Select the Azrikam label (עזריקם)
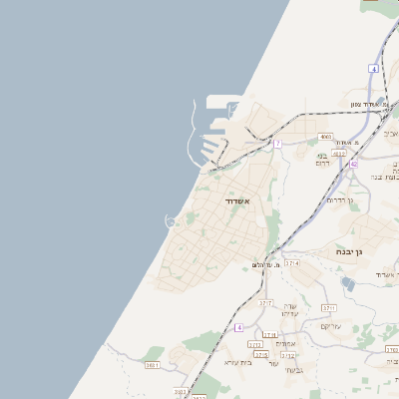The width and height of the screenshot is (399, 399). click(330, 326)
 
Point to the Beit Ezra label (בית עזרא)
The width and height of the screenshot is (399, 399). click(238, 363)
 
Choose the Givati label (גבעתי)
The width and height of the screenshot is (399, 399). click(294, 369)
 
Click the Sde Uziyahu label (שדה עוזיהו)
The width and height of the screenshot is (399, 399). click(289, 311)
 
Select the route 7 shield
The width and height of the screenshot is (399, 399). click(277, 144)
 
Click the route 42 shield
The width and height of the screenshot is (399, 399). click(353, 165)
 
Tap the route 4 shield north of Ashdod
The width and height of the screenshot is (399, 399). click(373, 68)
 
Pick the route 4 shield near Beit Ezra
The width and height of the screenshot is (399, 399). click(239, 327)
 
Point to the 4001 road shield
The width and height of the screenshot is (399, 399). click(325, 137)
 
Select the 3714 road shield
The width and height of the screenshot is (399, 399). click(291, 262)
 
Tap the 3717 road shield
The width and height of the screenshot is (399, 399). click(265, 302)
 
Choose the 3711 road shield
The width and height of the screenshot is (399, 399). click(329, 308)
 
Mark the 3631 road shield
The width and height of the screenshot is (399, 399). click(153, 366)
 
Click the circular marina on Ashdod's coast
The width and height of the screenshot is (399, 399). click(171, 220)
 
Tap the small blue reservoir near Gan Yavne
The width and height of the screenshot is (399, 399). click(347, 284)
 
